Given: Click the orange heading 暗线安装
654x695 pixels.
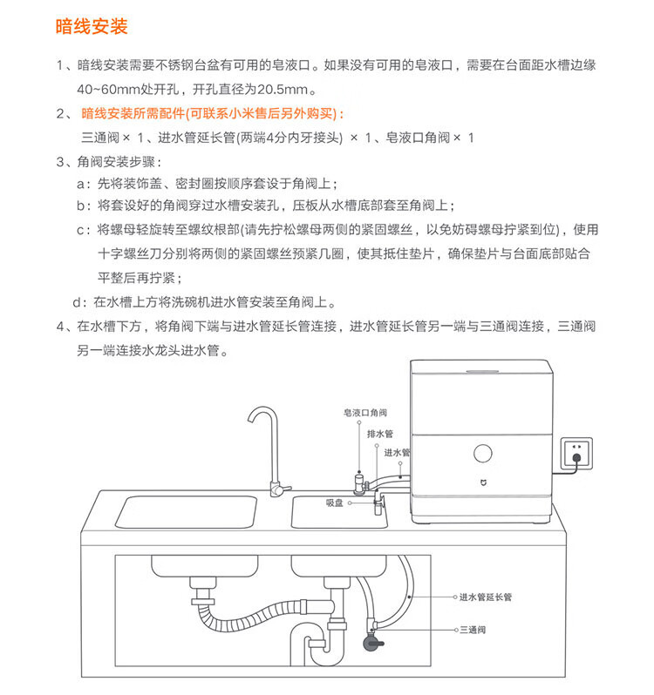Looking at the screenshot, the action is [x=91, y=27].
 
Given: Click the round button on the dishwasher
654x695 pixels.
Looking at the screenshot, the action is [x=481, y=454].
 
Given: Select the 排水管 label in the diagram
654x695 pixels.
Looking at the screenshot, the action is [x=380, y=433].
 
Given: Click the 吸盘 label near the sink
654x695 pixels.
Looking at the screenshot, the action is [x=337, y=502].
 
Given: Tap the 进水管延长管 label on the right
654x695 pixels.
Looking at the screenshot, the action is [x=486, y=597].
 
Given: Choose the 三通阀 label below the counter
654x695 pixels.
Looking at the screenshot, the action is [x=472, y=628].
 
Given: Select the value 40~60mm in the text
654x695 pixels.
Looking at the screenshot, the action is [x=105, y=90].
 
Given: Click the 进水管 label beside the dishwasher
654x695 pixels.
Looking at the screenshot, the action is [x=397, y=453].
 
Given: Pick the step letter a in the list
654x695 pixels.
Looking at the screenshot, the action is [x=82, y=184].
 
